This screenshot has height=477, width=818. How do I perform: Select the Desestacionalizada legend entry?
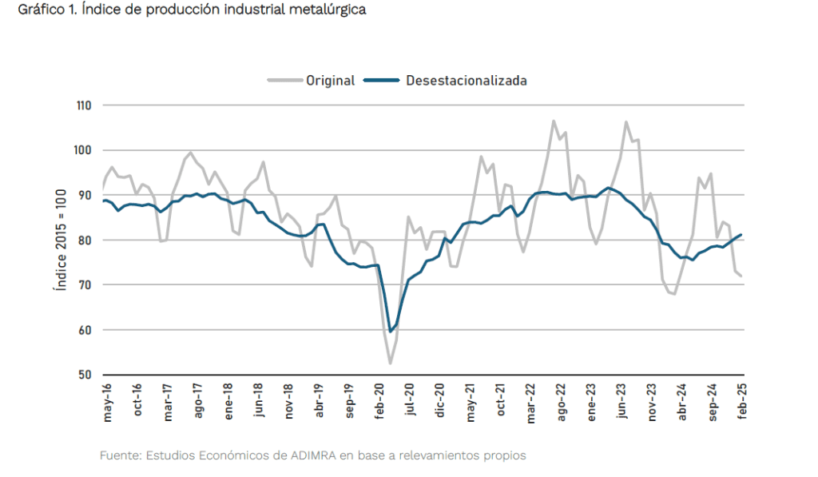pos(466,80)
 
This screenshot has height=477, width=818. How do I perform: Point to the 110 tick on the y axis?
pos(84,105)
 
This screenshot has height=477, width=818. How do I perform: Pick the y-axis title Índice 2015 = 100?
pos(60,240)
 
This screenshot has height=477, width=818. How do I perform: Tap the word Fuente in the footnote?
pos(118,455)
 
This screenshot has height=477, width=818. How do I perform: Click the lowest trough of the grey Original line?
pos(391,364)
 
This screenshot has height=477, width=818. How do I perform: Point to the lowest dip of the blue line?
pos(391,332)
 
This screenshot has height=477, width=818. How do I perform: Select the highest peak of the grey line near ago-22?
pos(553,121)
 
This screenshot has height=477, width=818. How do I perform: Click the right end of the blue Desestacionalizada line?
pos(742,235)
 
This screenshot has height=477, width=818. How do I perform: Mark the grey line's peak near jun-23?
pos(626,122)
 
